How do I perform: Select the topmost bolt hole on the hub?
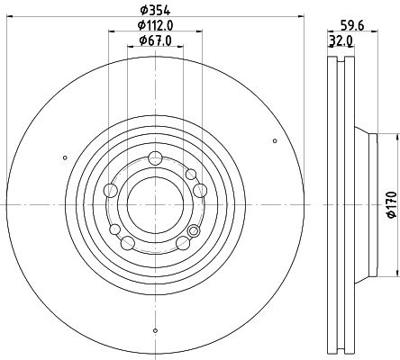click(155, 158)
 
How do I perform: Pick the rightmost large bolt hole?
click(200, 190)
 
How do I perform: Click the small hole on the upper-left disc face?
click(66, 156)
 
